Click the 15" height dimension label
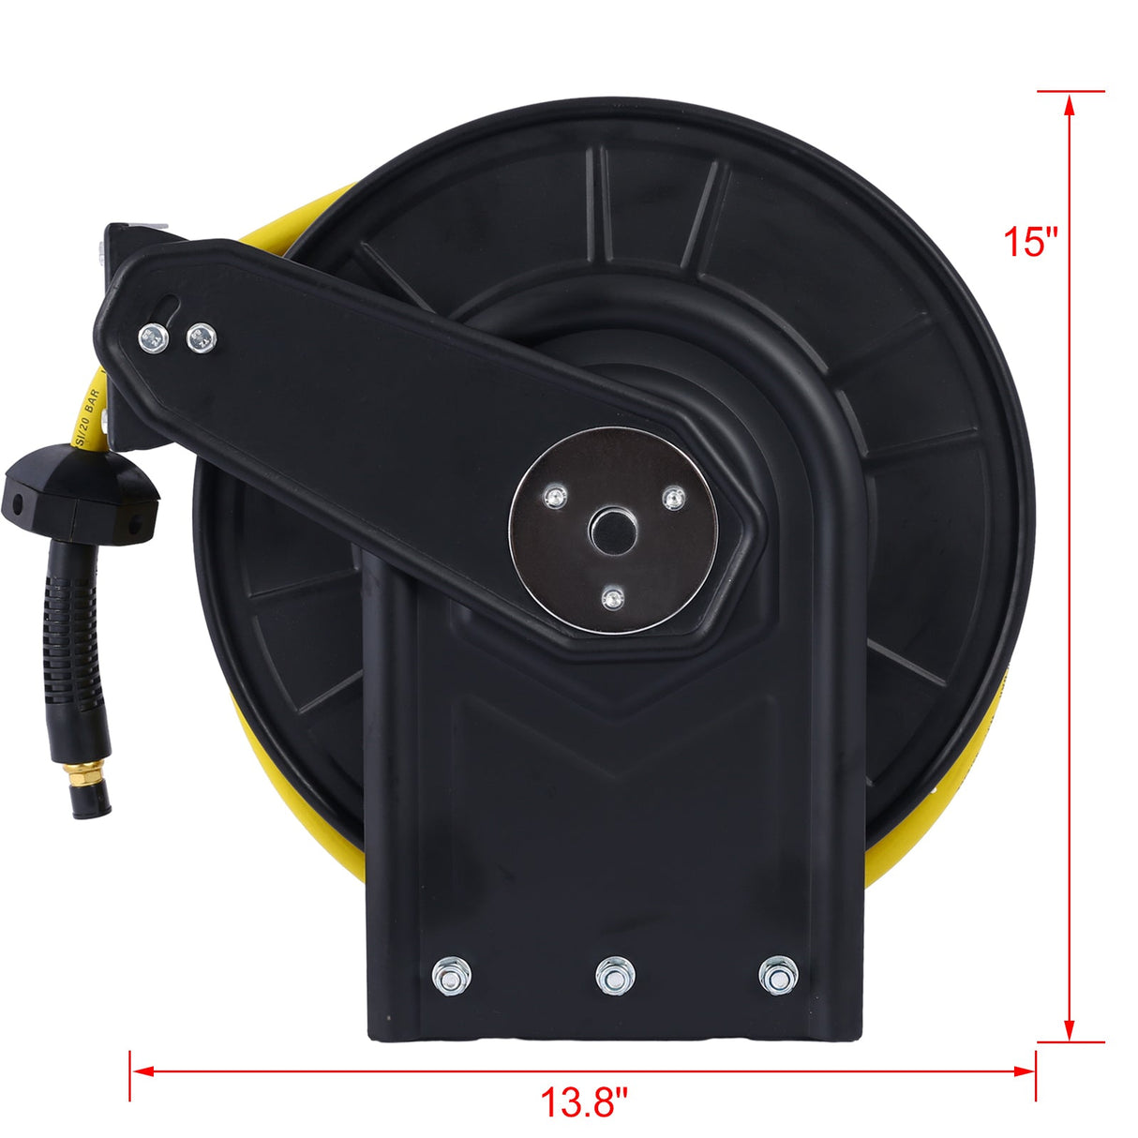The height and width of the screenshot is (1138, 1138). (1030, 242)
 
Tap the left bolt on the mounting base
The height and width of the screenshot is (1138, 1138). (452, 977)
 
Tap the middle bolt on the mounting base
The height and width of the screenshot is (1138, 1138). (615, 977)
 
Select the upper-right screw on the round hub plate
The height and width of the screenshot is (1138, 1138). (673, 497)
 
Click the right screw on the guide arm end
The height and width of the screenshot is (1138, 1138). (201, 338)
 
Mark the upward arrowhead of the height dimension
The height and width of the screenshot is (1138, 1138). (1069, 101)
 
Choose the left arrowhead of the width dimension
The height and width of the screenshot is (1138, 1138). (140, 1070)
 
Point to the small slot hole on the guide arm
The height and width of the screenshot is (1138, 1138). (168, 306)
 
